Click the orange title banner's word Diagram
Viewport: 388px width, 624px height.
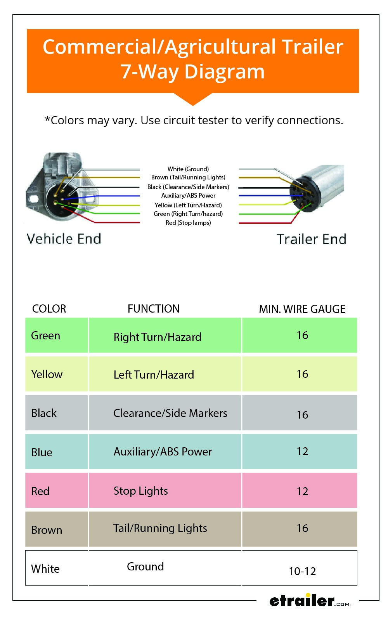click(224, 72)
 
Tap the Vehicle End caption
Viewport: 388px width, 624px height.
click(64, 239)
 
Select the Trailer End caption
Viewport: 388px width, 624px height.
click(312, 239)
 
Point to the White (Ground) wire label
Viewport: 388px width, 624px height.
click(188, 169)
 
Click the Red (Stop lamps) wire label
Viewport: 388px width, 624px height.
click(188, 222)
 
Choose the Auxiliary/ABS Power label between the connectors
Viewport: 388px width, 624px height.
click(189, 196)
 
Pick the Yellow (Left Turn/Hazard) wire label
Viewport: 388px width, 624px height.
click(188, 205)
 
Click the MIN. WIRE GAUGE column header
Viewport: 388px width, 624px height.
click(302, 309)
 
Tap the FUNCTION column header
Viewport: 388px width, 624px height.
click(154, 309)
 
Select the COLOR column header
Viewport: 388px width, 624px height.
click(49, 309)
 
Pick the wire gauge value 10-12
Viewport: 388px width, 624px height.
click(303, 571)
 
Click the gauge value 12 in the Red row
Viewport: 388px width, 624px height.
click(303, 491)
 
